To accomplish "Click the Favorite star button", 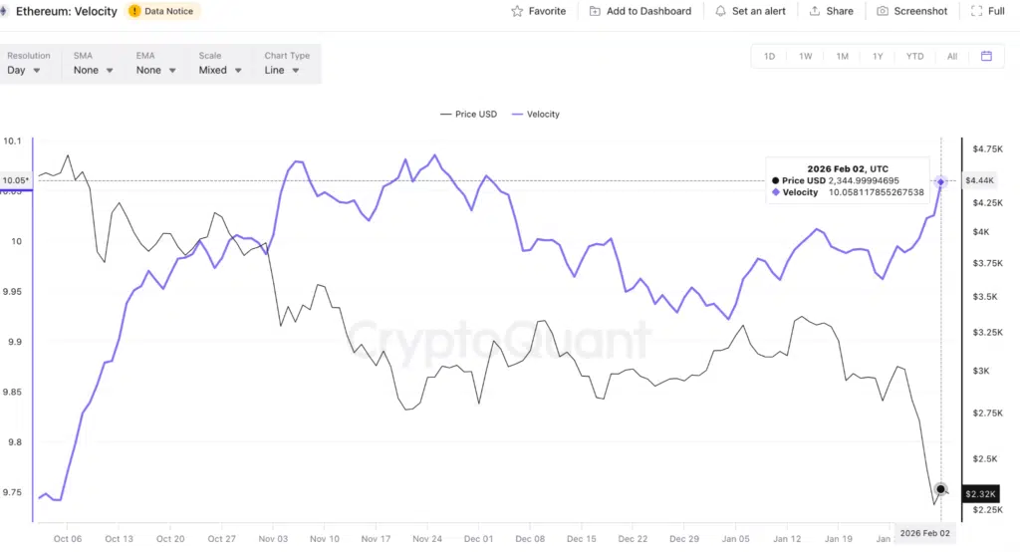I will click(538, 11).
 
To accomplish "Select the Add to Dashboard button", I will click(639, 11).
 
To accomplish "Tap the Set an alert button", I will click(750, 11).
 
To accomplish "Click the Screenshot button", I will click(912, 11).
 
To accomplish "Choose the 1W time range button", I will click(805, 57).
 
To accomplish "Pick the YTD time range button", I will click(914, 57).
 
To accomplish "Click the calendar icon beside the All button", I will click(986, 57).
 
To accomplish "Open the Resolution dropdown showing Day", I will click(25, 71).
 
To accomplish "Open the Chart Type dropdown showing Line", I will click(282, 71).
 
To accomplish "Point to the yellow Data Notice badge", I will click(163, 11).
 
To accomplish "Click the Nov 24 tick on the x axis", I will click(427, 539).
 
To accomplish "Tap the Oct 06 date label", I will click(68, 539).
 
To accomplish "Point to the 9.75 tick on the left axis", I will click(13, 492).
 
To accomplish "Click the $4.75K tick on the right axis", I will click(987, 148).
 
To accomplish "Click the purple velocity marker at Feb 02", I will click(941, 181).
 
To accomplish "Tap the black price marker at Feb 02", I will click(941, 490).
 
